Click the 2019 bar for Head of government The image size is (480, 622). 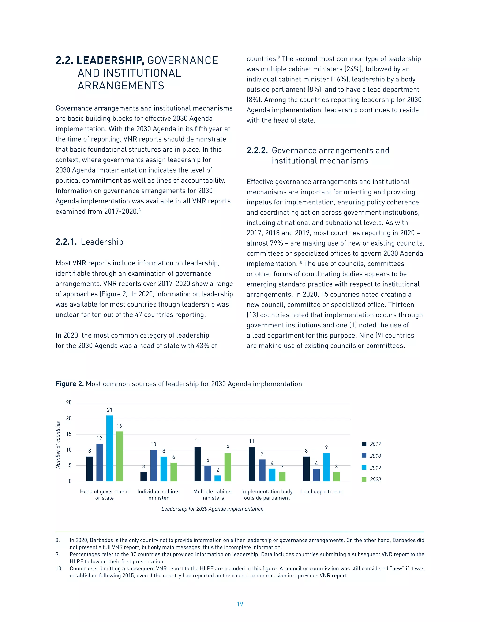(x=109, y=448)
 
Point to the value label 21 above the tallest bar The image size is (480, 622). (x=109, y=410)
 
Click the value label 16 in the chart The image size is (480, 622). (x=120, y=426)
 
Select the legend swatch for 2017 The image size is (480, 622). (x=364, y=444)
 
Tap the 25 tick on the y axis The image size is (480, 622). (x=69, y=403)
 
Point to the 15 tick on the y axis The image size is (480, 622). (x=69, y=434)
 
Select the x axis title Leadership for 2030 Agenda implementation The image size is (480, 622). (x=212, y=509)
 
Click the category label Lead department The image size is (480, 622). (x=321, y=491)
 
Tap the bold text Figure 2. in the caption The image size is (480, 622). (x=70, y=384)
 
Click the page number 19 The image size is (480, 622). (x=240, y=604)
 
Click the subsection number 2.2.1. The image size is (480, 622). (x=66, y=242)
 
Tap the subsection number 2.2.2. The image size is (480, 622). (x=257, y=151)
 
